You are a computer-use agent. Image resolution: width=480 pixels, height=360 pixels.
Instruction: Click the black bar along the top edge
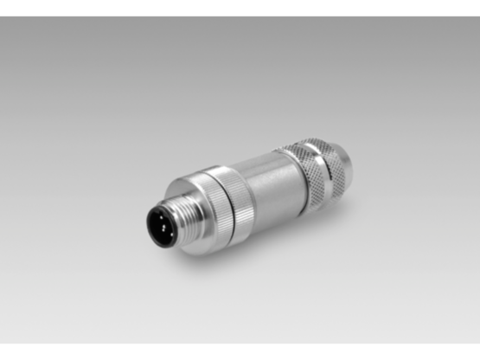click(x=240, y=7)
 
